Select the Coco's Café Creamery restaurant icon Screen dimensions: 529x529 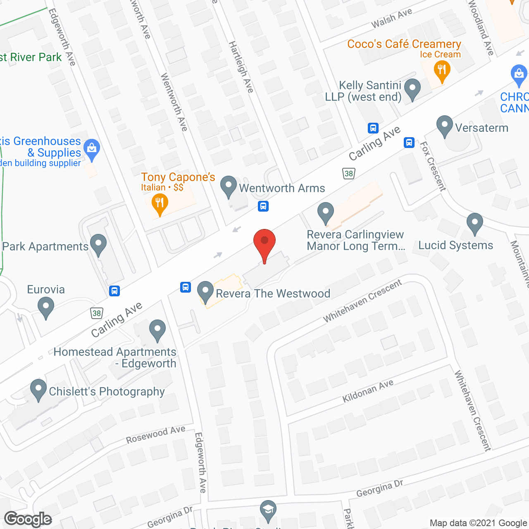coord(442,70)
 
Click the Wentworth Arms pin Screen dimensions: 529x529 coord(229,186)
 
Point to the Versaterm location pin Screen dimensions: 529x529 coord(444,126)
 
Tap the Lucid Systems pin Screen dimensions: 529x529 coord(475,224)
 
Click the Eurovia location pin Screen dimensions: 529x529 coord(46,308)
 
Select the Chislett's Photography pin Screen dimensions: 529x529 coord(38,390)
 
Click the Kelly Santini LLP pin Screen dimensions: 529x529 coord(412,89)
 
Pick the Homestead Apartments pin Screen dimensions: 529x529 coord(157,330)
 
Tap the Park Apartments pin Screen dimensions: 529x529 coord(98,245)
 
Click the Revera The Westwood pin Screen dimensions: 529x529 coord(205,292)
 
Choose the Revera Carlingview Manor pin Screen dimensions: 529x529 coord(326,212)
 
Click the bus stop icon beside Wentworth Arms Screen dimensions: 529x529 coord(263,206)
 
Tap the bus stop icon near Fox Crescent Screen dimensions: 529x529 coord(409,143)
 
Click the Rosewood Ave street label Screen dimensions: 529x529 coord(156,434)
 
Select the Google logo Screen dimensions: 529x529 coord(28,519)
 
